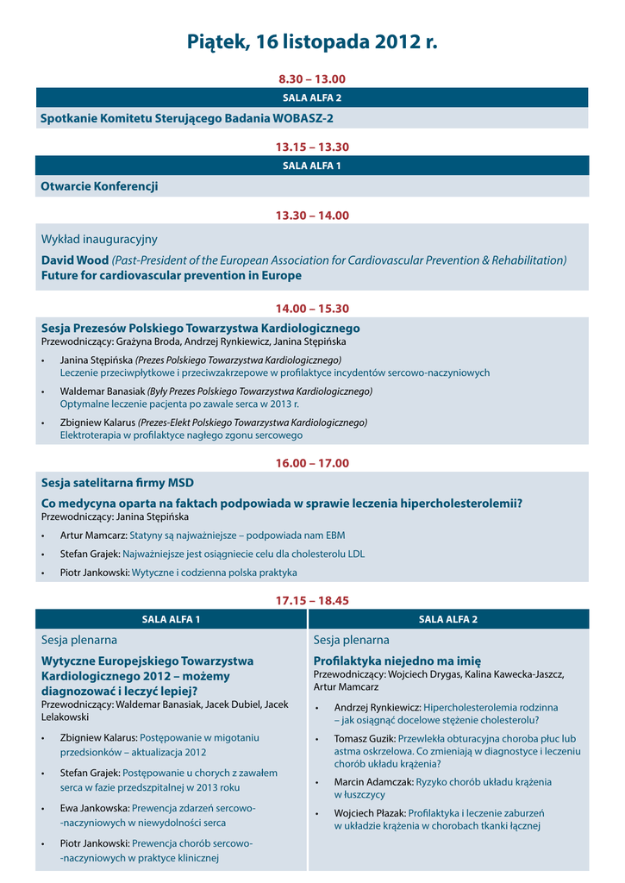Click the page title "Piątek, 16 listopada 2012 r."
(312, 42)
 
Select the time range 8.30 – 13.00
(312, 78)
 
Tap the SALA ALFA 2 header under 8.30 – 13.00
(312, 97)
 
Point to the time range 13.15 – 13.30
(312, 147)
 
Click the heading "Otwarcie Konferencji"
(99, 186)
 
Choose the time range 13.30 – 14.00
(312, 216)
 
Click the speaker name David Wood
(75, 260)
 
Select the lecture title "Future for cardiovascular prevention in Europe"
(172, 276)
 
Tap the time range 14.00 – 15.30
(312, 308)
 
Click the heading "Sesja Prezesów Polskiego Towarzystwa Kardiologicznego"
(201, 329)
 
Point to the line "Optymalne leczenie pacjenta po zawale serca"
(179, 404)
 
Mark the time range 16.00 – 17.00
(312, 463)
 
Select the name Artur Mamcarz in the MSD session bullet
(93, 535)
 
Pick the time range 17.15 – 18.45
(312, 600)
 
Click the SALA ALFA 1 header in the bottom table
(172, 619)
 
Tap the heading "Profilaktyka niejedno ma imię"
(397, 661)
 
